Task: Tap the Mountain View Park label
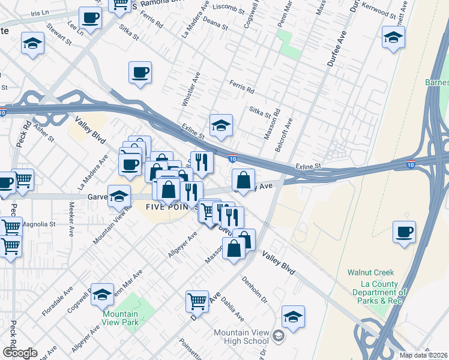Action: click(120, 318)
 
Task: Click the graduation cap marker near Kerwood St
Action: click(393, 38)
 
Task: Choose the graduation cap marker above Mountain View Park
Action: click(103, 293)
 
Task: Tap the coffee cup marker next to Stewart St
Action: click(90, 18)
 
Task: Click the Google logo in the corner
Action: click(19, 353)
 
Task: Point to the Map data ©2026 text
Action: click(423, 355)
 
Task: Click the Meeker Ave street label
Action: click(71, 212)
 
